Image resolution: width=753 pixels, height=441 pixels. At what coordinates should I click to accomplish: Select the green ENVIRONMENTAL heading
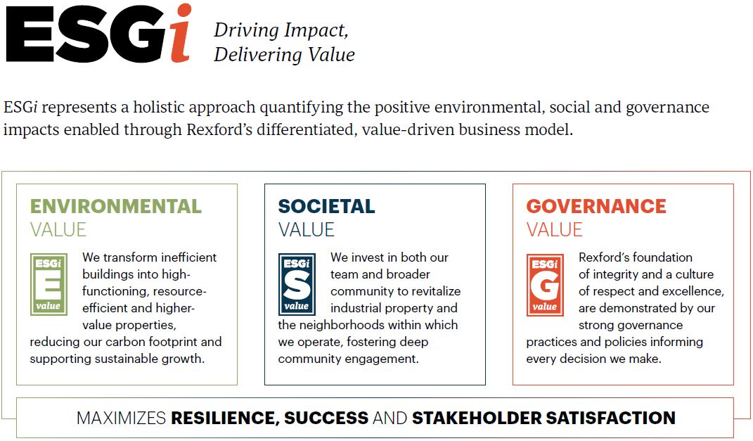(x=115, y=206)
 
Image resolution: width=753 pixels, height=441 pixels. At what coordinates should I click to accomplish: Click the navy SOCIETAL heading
(x=326, y=206)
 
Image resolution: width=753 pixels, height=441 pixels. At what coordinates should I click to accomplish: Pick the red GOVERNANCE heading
(x=596, y=206)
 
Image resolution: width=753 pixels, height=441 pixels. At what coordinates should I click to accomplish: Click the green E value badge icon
(x=49, y=284)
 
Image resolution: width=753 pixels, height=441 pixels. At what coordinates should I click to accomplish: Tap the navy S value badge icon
(x=297, y=284)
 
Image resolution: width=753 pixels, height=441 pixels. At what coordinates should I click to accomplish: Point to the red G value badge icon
(x=545, y=284)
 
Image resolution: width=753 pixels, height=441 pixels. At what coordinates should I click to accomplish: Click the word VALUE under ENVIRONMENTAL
(x=58, y=229)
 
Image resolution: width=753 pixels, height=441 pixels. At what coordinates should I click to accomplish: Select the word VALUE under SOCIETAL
(x=307, y=229)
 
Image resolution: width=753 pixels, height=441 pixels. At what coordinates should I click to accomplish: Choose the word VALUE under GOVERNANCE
(x=555, y=229)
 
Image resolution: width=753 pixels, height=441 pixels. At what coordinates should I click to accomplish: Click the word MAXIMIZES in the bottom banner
(x=121, y=418)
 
